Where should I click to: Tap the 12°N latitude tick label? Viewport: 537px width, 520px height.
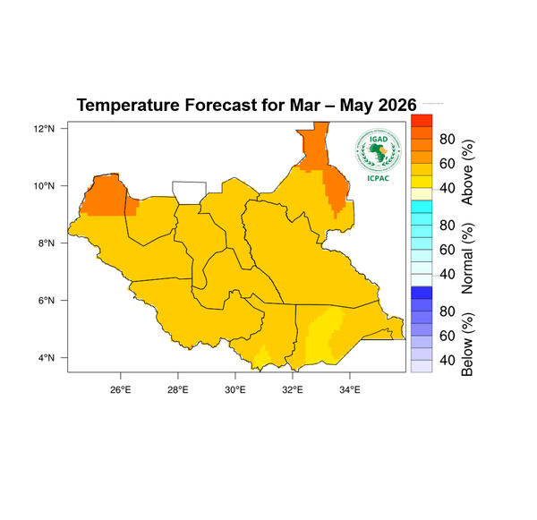[45, 129]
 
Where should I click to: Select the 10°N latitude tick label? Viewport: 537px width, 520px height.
[45, 186]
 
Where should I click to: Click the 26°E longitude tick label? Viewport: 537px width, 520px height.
[121, 389]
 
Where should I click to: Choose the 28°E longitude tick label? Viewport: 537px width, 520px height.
[178, 389]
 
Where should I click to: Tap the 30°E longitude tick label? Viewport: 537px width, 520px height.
[235, 389]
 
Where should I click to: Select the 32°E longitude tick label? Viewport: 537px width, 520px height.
[293, 389]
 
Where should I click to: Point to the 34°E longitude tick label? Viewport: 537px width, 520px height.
[350, 389]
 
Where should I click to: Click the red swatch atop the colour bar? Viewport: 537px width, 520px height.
[421, 120]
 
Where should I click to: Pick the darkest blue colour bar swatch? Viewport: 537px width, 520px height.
[421, 293]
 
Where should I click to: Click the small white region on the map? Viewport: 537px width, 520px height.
[189, 192]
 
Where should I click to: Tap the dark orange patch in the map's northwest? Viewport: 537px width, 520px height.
[107, 195]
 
